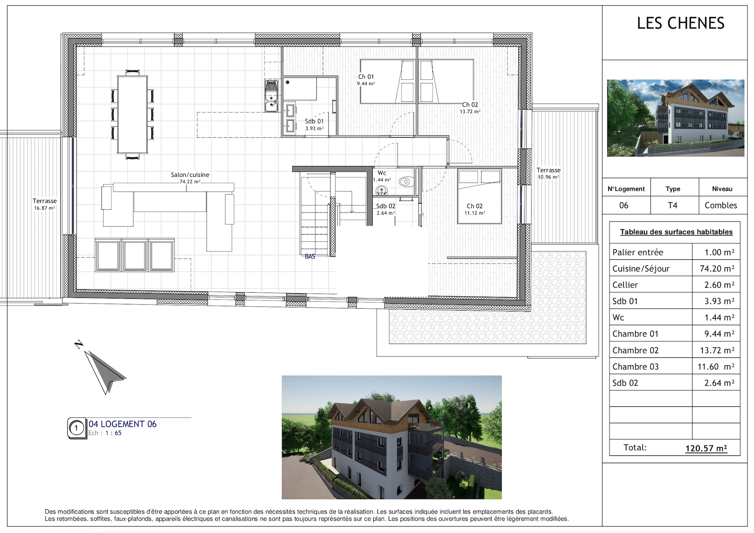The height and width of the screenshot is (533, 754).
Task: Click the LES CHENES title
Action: click(680, 23)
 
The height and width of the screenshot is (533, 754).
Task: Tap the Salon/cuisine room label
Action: click(190, 175)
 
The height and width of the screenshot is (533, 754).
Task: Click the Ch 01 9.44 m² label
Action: click(366, 80)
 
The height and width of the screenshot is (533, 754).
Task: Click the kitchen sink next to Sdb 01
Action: click(272, 96)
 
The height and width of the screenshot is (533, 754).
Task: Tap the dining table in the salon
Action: click(132, 114)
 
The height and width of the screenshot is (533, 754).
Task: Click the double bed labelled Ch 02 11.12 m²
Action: click(479, 196)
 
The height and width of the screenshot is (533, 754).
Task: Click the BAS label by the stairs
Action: click(310, 256)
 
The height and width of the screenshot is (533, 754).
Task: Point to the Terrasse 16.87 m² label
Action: click(44, 204)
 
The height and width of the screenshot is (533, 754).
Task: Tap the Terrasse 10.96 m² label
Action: click(548, 173)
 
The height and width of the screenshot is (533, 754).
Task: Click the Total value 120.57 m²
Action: click(706, 448)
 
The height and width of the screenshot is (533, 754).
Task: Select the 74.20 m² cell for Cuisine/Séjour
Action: click(717, 268)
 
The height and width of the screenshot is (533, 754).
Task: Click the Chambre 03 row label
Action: click(635, 366)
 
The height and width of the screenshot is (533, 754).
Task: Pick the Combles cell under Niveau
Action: click(721, 205)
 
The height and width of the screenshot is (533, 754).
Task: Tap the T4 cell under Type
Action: click(672, 205)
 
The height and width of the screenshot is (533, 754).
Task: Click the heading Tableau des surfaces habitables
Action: click(676, 232)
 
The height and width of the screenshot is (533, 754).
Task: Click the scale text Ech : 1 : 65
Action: click(105, 433)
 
